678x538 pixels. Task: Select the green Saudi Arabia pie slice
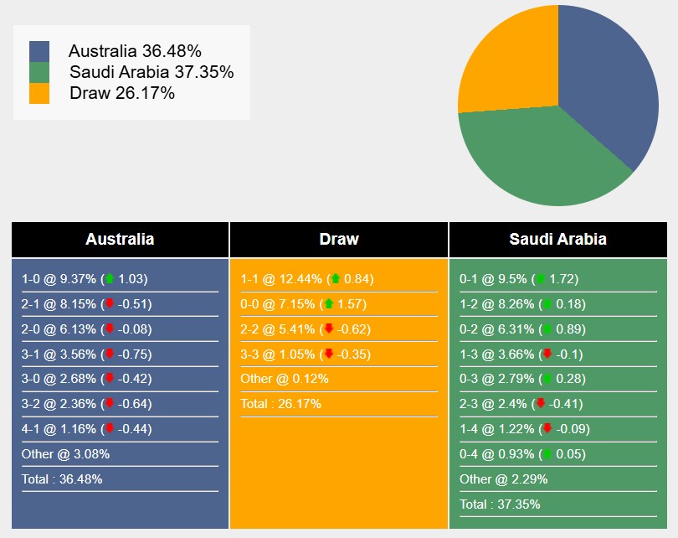pyautogui.click(x=536, y=159)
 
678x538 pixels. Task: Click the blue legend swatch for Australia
pyautogui.click(x=39, y=52)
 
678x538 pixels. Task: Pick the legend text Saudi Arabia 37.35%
pyautogui.click(x=152, y=72)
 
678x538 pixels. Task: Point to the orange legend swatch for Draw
pyautogui.click(x=39, y=93)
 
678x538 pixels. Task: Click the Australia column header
pyautogui.click(x=120, y=239)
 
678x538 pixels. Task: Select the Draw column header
pyautogui.click(x=339, y=239)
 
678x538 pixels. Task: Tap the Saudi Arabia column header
pyautogui.click(x=557, y=239)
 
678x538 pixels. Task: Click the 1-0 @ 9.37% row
pyautogui.click(x=84, y=279)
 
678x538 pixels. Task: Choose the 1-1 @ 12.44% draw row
pyautogui.click(x=306, y=279)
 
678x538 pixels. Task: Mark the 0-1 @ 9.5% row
pyautogui.click(x=519, y=279)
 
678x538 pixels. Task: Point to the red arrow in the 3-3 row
pyautogui.click(x=328, y=354)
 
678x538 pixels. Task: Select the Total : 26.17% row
pyautogui.click(x=280, y=404)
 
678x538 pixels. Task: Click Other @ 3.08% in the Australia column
pyautogui.click(x=65, y=454)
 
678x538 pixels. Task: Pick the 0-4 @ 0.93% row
pyautogui.click(x=523, y=454)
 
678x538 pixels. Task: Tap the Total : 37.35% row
pyautogui.click(x=500, y=504)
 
